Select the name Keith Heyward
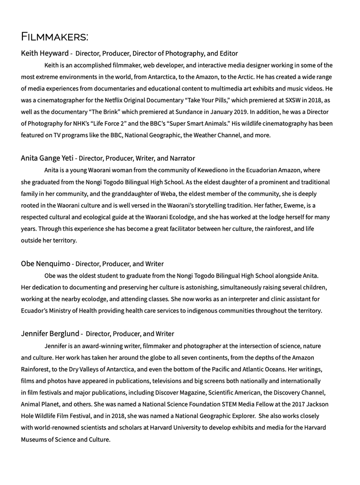[x=45, y=54]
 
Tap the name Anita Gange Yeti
[x=47, y=158]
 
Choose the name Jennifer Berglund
[x=50, y=334]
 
